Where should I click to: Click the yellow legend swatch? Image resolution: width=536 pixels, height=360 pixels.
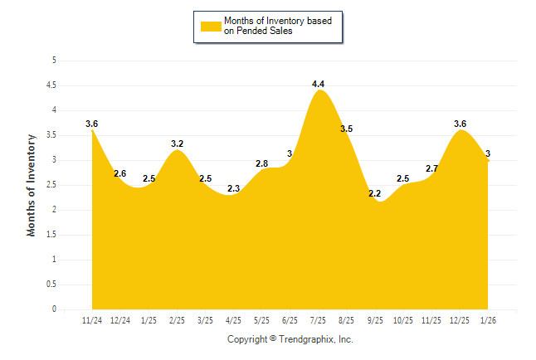[211, 26]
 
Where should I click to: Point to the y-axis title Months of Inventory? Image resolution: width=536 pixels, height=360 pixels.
[32, 185]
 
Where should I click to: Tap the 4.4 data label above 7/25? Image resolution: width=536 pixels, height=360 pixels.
[318, 84]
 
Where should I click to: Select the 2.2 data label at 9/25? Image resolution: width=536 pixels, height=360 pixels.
[374, 193]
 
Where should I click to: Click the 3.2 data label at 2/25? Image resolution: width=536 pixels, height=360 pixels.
[177, 144]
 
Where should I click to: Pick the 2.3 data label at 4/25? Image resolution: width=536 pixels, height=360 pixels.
[233, 188]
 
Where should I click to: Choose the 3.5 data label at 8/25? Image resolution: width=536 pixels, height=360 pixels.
[346, 129]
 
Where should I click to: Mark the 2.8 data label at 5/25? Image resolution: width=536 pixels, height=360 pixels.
[261, 163]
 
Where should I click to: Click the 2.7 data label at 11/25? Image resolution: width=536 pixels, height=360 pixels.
[431, 168]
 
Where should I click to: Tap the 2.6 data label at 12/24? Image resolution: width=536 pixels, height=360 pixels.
[120, 173]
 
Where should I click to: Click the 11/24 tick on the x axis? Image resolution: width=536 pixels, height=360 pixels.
[91, 319]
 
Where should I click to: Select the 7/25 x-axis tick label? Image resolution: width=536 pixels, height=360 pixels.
[318, 319]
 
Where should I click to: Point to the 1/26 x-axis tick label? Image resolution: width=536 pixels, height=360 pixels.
[488, 319]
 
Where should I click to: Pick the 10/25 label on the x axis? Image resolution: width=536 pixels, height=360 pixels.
[403, 319]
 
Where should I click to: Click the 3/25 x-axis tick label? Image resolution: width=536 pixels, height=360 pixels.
[205, 319]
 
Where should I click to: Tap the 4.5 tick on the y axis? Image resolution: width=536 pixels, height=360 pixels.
[51, 85]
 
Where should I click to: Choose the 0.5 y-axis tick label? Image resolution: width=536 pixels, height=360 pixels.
[51, 285]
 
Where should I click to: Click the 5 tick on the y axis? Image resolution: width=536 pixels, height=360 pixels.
[54, 61]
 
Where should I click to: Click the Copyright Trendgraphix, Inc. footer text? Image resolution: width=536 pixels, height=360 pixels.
[290, 339]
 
